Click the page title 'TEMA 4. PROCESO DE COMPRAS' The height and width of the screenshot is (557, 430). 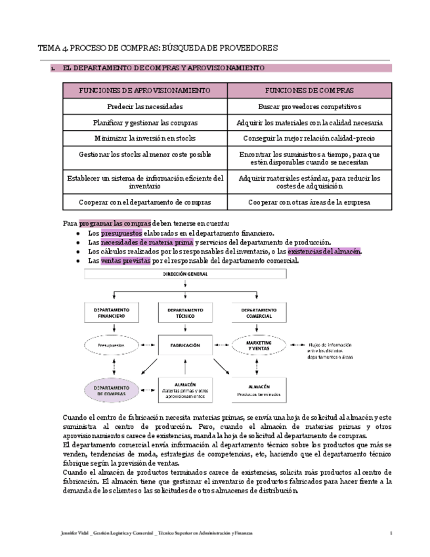click(158, 48)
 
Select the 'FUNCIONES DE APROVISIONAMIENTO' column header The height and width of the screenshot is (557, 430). click(144, 90)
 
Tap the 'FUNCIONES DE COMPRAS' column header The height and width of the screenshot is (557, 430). click(309, 90)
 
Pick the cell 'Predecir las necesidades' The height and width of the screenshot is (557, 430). click(144, 106)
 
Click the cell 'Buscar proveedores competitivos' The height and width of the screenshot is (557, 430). click(309, 106)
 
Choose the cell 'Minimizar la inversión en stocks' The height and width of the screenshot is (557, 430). click(144, 139)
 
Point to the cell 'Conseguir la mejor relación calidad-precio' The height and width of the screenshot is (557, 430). click(309, 139)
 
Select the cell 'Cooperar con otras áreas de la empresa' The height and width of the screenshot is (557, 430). click(309, 202)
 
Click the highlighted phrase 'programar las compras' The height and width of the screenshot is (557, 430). click(115, 223)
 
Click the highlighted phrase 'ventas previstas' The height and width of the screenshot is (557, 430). click(125, 261)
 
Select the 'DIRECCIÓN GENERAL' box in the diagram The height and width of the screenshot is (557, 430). click(185, 275)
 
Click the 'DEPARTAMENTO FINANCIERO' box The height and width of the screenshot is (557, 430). click(112, 313)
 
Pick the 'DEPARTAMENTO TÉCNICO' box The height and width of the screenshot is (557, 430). click(185, 313)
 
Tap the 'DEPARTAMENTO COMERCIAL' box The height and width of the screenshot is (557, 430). click(259, 313)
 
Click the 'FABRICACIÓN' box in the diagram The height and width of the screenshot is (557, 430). click(185, 344)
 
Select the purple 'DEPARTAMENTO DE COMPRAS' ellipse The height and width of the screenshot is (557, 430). click(112, 390)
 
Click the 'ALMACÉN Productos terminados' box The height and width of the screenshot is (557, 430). click(259, 390)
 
